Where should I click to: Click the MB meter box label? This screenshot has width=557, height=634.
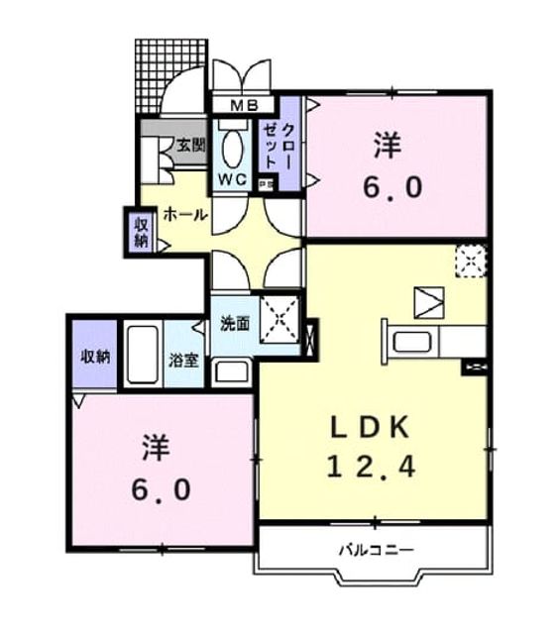tap(244, 106)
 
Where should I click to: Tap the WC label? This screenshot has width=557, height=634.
tap(233, 179)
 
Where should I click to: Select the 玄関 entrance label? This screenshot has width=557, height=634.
tap(191, 146)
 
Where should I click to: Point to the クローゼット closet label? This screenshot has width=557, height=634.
tap(278, 146)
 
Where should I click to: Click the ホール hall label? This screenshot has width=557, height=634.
tap(185, 215)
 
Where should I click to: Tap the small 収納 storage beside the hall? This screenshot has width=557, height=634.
tap(141, 233)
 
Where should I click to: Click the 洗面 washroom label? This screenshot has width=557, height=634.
tap(235, 324)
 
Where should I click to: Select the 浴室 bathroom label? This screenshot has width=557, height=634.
tap(184, 361)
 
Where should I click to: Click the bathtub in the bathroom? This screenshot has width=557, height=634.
tap(143, 355)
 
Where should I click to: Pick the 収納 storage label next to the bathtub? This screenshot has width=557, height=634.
tap(95, 357)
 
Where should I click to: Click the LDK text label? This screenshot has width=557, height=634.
tap(370, 428)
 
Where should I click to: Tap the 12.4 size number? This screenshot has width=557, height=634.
tap(371, 467)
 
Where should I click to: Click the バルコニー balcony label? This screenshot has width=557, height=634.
tap(377, 550)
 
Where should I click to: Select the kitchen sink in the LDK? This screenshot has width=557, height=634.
tap(411, 342)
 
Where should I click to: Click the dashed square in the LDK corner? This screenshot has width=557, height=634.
tap(471, 262)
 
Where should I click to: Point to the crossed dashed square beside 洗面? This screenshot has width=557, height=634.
tap(279, 319)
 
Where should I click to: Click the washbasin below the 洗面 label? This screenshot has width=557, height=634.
tap(231, 371)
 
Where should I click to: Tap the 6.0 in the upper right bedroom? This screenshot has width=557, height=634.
tap(392, 187)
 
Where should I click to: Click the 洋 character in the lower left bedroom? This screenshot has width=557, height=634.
tap(156, 448)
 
